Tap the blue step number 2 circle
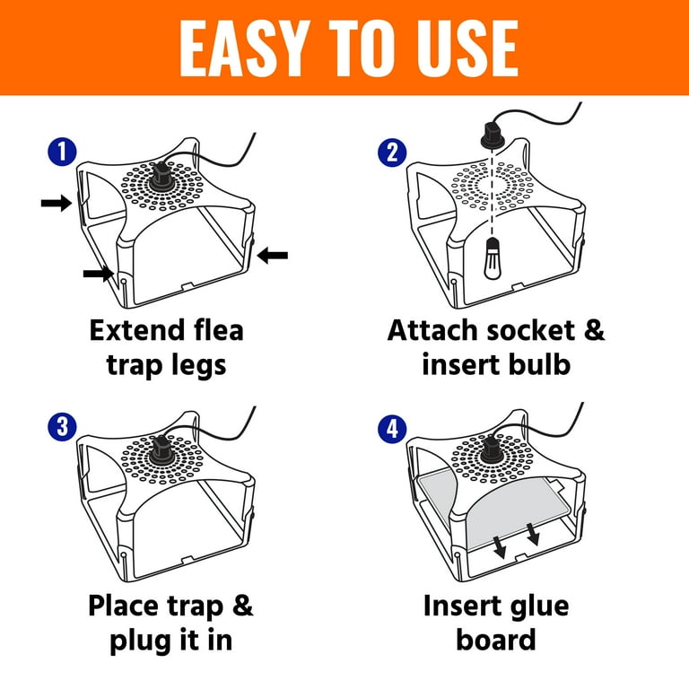pos(390,153)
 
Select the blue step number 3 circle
pos(61,426)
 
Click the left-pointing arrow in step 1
pos(273,256)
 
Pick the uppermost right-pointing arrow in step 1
pos(56,205)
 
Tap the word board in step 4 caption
pos(495,641)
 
